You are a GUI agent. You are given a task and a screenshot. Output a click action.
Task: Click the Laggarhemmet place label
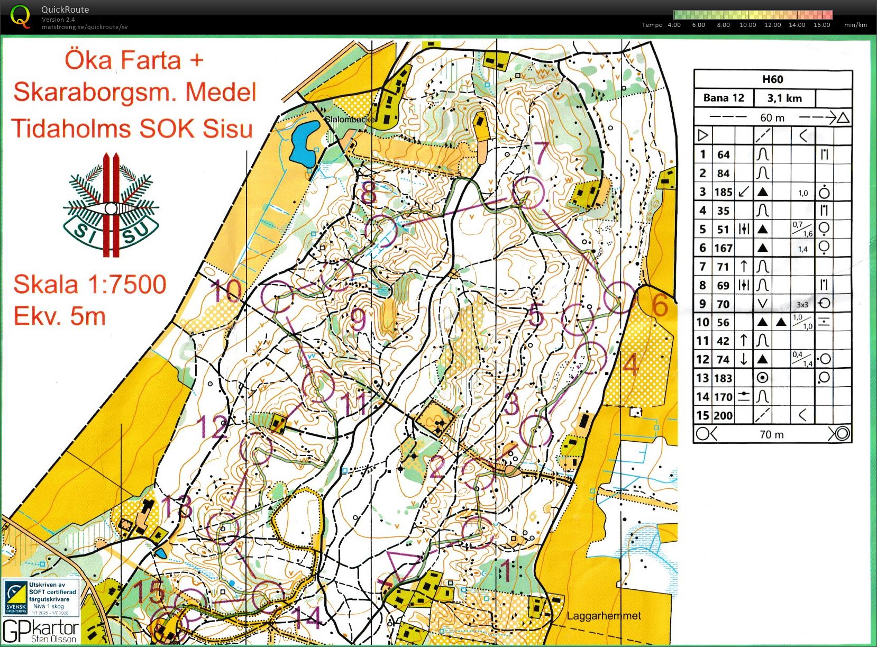604,616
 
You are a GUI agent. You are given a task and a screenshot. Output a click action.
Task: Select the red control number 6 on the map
659,306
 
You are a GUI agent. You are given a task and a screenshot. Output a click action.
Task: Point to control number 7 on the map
541,153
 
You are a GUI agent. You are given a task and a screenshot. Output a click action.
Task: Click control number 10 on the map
226,291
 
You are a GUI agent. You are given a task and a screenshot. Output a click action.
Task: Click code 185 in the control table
723,192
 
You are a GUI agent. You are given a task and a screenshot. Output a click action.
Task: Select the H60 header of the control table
772,79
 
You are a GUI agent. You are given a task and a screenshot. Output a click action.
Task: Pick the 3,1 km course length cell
784,98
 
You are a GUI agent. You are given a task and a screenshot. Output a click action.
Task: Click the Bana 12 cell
724,98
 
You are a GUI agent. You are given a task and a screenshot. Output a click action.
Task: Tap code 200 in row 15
723,415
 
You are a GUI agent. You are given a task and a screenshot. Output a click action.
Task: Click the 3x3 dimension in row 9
802,304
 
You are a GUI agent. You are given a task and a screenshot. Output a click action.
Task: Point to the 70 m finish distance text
772,434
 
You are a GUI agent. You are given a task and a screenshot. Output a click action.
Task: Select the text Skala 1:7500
90,285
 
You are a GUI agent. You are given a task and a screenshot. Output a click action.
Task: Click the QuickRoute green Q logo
20,16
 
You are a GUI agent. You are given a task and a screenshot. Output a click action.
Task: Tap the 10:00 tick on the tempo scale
747,25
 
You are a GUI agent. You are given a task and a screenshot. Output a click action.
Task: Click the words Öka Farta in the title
123,60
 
